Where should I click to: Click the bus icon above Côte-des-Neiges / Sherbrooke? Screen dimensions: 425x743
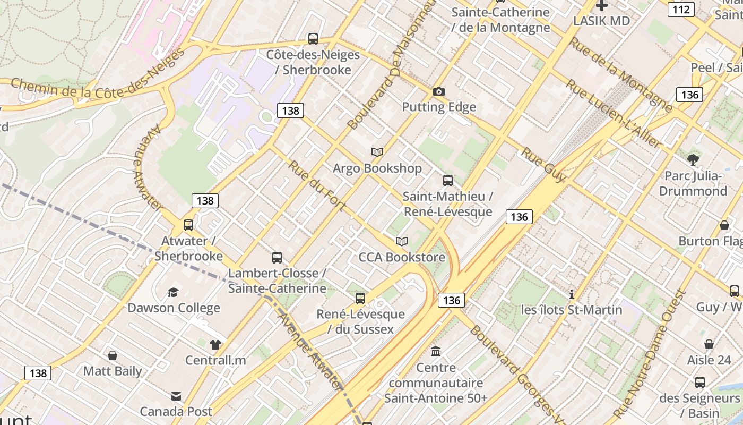313,39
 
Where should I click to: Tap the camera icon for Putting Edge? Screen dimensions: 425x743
438,91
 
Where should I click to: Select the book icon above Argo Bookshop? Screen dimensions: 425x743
377,152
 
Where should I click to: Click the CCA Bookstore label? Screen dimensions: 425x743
402,257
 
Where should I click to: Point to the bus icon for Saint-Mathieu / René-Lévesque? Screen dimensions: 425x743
448,181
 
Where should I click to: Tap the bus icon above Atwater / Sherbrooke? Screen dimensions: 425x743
188,225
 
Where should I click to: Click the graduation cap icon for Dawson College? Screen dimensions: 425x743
173,292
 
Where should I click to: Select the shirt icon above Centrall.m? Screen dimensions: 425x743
215,344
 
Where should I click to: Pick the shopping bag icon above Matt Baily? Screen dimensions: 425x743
113,355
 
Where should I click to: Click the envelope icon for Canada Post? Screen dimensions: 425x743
176,396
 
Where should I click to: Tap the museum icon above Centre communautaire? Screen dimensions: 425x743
436,351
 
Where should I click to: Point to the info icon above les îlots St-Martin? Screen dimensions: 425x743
572,294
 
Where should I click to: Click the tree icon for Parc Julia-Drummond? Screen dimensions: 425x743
693,159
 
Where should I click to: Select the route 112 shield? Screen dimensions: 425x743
681,9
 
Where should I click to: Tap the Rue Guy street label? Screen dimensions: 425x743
543,165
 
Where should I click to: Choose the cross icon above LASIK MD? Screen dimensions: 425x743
601,6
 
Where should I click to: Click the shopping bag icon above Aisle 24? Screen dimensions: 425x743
709,344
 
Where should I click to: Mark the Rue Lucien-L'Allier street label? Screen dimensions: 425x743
614,113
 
